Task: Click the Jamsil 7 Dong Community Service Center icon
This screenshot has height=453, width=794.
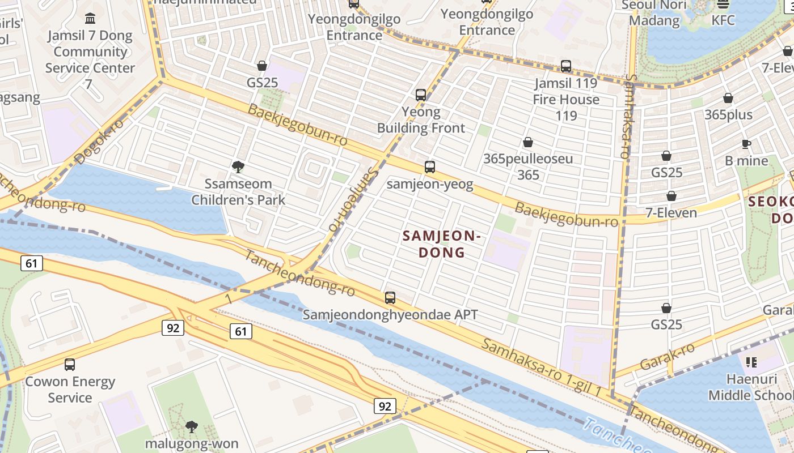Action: [90, 18]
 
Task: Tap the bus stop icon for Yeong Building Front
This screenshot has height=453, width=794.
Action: [420, 95]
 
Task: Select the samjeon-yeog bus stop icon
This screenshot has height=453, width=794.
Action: [430, 167]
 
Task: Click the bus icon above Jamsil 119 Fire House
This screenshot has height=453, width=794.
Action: [565, 66]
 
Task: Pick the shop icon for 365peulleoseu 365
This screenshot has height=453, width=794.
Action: [528, 142]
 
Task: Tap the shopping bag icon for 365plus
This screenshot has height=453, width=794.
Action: [728, 99]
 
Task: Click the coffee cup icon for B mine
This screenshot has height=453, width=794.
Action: [746, 144]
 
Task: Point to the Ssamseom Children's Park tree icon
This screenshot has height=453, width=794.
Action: [238, 167]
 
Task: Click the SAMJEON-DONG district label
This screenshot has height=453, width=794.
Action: [442, 244]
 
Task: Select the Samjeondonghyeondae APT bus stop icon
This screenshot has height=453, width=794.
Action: [390, 298]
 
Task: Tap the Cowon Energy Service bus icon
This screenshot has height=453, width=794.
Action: [70, 365]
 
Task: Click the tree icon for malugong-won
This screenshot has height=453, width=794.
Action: [192, 426]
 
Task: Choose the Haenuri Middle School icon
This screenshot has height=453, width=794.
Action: [751, 362]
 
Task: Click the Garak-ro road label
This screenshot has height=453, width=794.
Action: [667, 356]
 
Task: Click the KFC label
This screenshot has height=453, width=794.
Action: [723, 20]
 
